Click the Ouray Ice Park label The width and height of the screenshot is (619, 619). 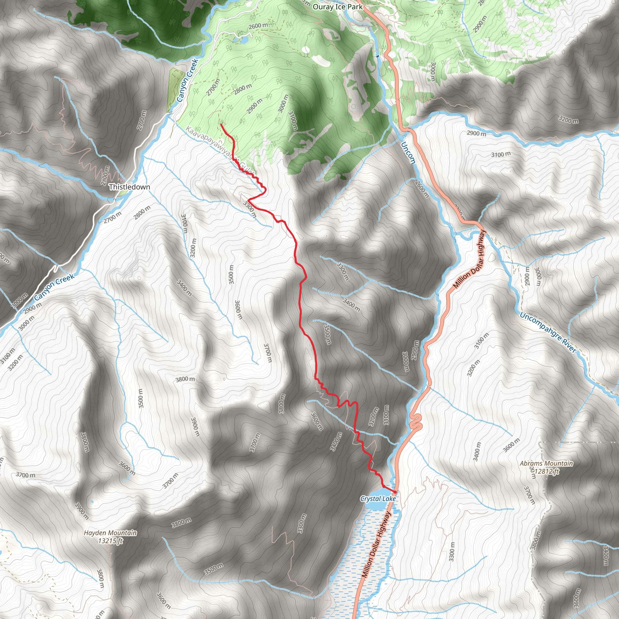point(338,7)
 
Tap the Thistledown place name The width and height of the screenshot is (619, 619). point(129,187)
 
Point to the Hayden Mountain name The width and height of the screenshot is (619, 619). point(110,533)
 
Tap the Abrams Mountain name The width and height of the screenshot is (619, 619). point(546,463)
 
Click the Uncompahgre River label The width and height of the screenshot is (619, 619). point(548,332)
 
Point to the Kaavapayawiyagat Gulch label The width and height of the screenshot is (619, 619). point(221,151)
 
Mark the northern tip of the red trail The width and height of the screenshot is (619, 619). point(221,124)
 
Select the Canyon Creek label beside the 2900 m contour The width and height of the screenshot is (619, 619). point(54,287)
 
